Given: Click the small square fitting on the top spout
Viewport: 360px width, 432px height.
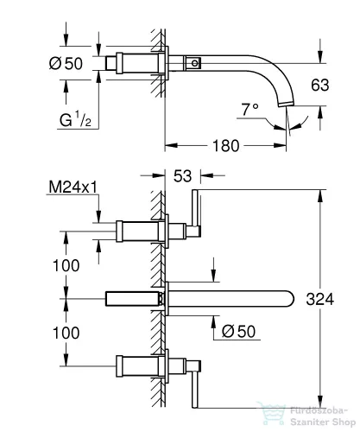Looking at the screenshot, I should click(x=196, y=62).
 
